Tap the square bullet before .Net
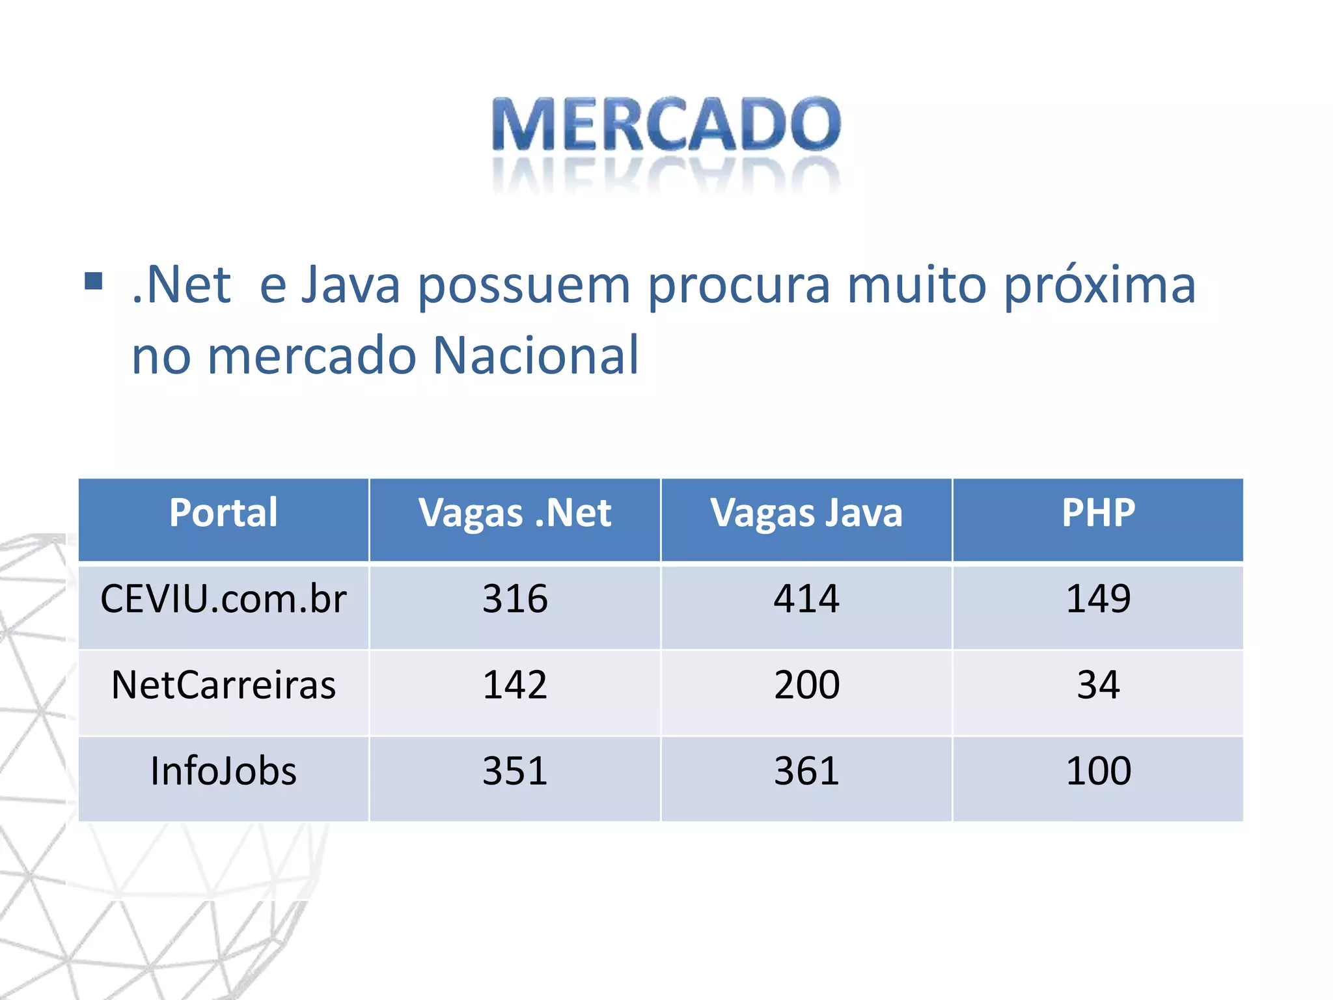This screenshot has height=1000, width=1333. (x=94, y=281)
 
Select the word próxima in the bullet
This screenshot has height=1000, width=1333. (x=1099, y=286)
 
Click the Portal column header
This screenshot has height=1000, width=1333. (x=223, y=513)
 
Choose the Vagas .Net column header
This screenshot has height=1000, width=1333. (x=515, y=513)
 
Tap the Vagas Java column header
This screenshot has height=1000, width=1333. (x=806, y=513)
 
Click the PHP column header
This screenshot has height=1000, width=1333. (x=1098, y=513)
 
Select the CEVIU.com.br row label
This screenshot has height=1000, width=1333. (x=223, y=599)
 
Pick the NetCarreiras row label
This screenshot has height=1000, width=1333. (x=223, y=685)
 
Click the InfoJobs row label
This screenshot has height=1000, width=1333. (x=223, y=771)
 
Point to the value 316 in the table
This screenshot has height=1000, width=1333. (x=515, y=599)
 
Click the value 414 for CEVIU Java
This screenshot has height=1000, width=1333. (x=806, y=599)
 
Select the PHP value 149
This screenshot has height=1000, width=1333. (x=1098, y=599)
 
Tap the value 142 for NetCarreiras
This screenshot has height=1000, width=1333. (x=515, y=685)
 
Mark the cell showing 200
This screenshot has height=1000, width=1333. (x=806, y=685)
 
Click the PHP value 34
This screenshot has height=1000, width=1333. (x=1098, y=685)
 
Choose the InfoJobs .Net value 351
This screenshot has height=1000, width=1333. (x=515, y=771)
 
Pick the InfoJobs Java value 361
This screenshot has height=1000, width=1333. (x=806, y=771)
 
